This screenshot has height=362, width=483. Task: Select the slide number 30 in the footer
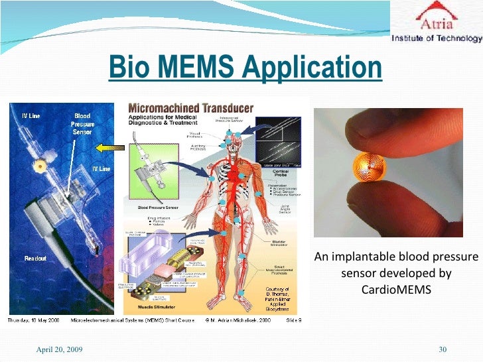point(444,349)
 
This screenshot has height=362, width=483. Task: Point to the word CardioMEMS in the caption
point(395,290)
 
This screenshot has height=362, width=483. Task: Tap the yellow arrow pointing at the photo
point(107,147)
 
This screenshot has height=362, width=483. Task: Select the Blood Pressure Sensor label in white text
point(83,124)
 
